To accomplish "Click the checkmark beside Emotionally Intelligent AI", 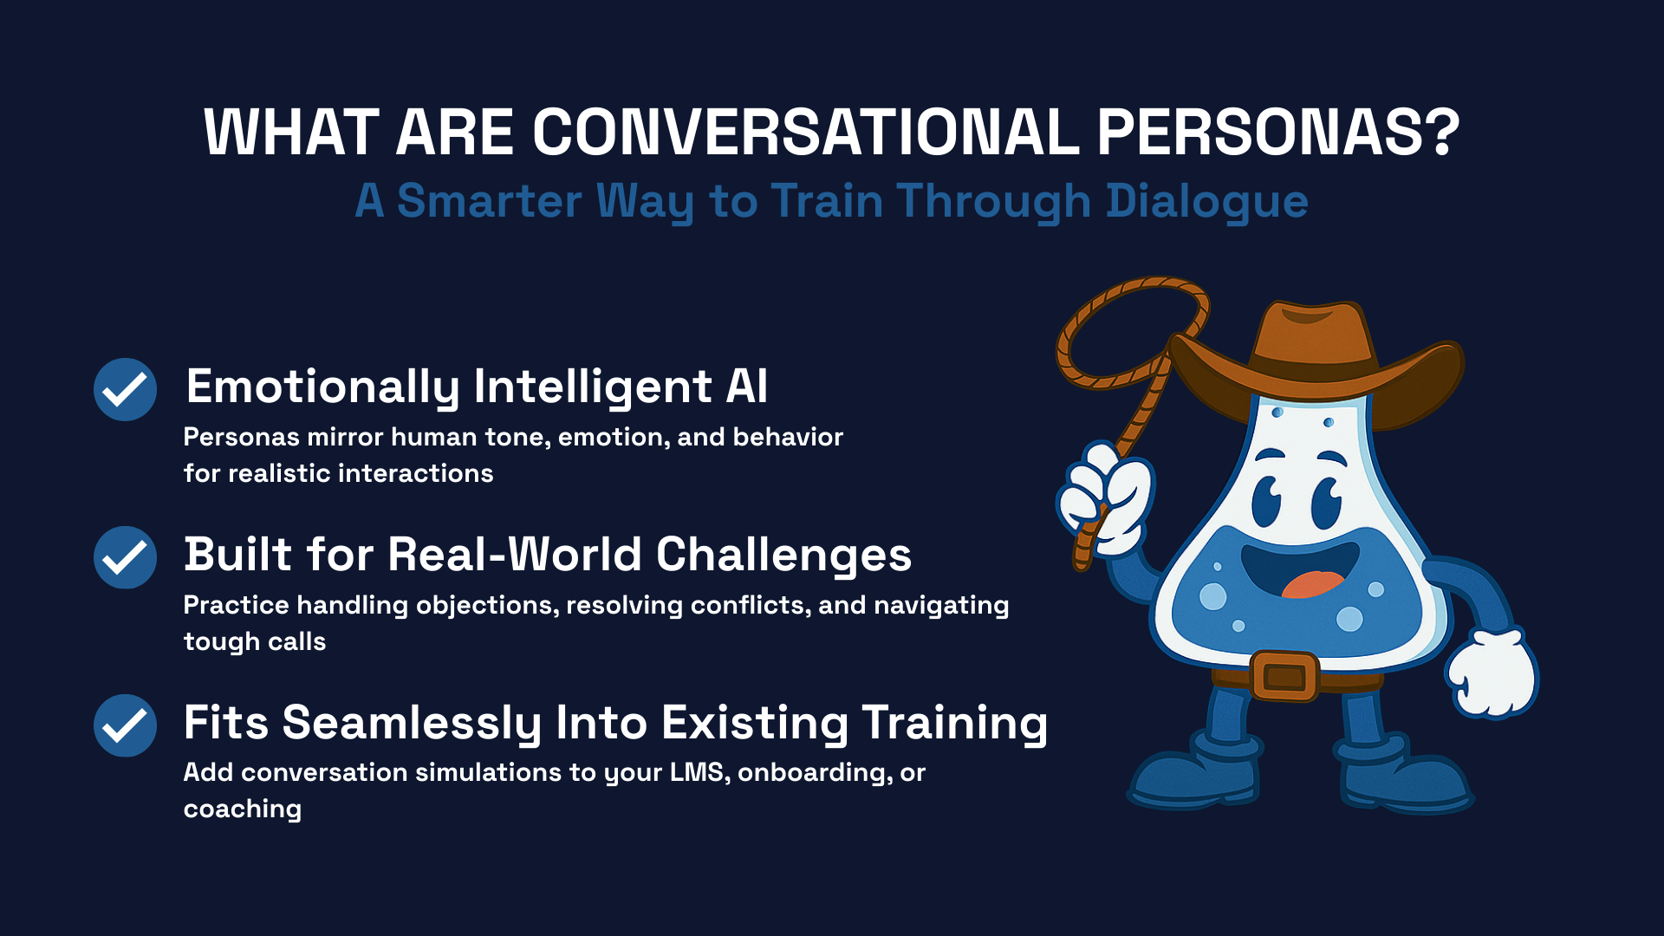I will point(125,389).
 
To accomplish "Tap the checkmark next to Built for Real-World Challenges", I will point(125,557).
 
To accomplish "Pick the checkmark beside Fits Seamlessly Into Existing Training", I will point(125,725).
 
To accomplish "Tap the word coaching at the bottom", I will point(243,809).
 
